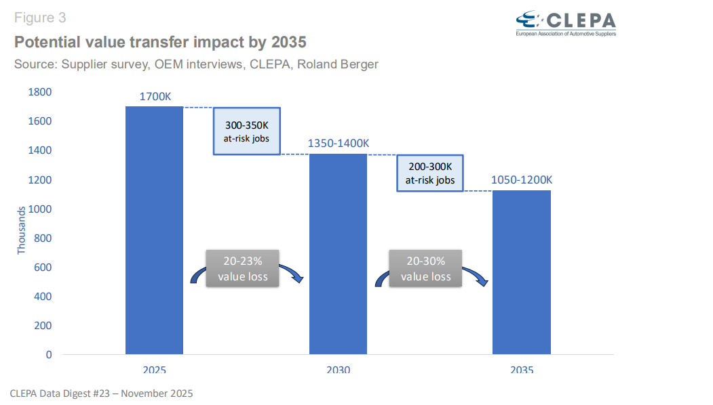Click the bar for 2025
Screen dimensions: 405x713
(154, 230)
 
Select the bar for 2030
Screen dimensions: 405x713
(338, 254)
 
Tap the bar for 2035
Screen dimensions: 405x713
(521, 272)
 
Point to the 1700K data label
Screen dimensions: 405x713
(155, 96)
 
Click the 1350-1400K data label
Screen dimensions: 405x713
(339, 144)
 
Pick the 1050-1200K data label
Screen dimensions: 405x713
(522, 180)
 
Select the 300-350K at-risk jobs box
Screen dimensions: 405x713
(247, 131)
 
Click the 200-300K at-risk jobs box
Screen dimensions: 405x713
(430, 173)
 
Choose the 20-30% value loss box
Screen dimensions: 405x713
(425, 268)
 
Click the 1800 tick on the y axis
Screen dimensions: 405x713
(39, 92)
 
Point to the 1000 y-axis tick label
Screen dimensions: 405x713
(39, 209)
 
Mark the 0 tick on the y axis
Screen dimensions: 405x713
(48, 354)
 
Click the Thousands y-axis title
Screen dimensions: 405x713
(21, 231)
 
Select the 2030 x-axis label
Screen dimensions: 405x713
(338, 370)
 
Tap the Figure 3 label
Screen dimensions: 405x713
(40, 18)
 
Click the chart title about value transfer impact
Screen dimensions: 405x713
(160, 42)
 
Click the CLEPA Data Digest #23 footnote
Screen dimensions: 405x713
(102, 393)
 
